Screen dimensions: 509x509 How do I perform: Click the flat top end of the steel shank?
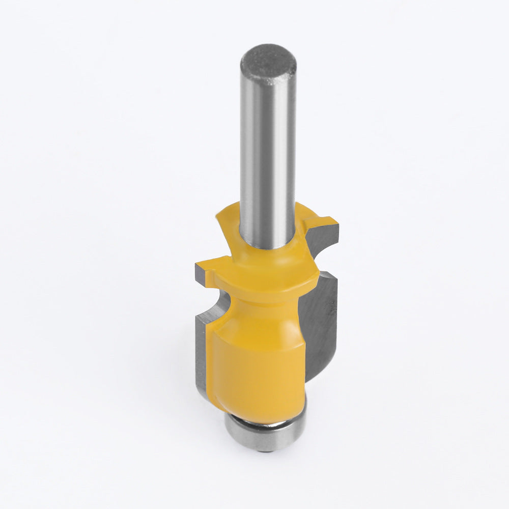(x=268, y=61)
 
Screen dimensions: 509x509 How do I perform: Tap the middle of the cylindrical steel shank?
(x=268, y=153)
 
